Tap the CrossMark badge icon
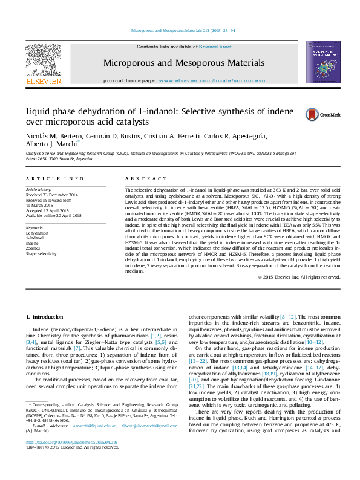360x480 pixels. click(323, 114)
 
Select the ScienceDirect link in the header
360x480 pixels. click(215, 47)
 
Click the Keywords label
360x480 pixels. click(36, 227)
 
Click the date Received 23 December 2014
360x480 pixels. click(51, 195)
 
